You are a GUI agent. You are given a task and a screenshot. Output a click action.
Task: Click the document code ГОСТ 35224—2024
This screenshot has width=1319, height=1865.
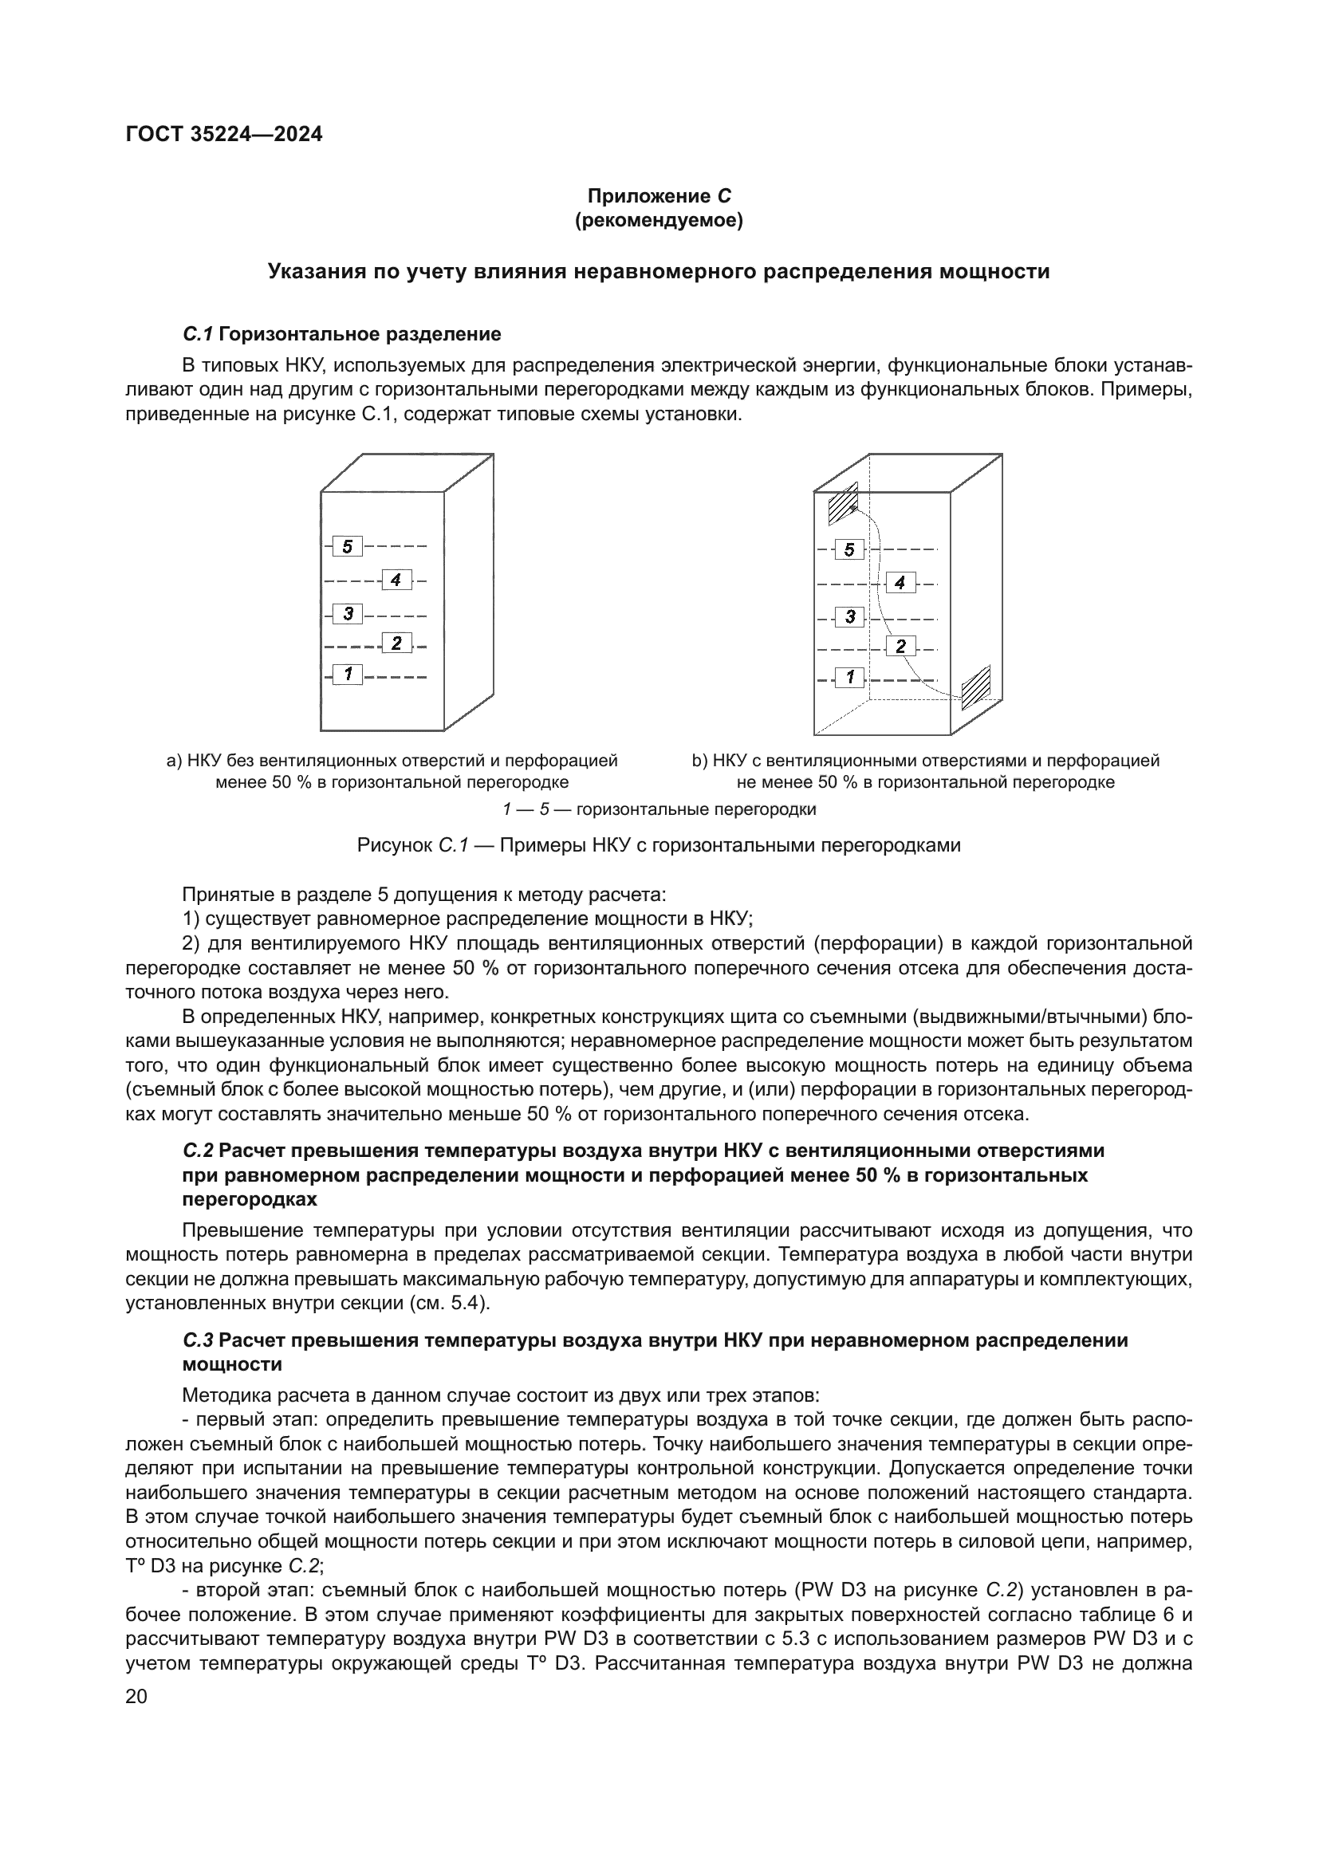[x=223, y=134]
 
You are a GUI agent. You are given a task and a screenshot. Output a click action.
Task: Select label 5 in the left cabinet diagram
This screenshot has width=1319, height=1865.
[x=348, y=547]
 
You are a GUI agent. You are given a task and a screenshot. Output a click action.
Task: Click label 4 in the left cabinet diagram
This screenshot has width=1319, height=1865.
[x=396, y=580]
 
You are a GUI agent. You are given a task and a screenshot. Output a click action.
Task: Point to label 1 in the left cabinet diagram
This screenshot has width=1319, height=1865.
[x=348, y=674]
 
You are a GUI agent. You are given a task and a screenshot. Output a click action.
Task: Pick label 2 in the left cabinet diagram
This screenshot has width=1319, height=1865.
[x=396, y=643]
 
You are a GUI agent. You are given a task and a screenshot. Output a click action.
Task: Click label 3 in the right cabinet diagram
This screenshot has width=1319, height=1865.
[x=849, y=616]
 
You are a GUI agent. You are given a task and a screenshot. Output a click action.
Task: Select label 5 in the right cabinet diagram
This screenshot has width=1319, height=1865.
[x=849, y=550]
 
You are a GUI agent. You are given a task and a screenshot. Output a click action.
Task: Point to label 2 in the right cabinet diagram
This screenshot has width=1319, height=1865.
[x=900, y=647]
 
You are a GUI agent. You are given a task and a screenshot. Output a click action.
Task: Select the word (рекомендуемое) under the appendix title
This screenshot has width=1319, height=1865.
[x=659, y=220]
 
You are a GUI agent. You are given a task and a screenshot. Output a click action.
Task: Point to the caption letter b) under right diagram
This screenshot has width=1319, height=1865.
[x=700, y=761]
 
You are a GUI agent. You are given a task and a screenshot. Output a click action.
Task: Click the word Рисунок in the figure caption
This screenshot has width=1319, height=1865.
[x=394, y=845]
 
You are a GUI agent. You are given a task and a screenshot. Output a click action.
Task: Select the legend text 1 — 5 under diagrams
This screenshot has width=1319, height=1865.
[x=527, y=810]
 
